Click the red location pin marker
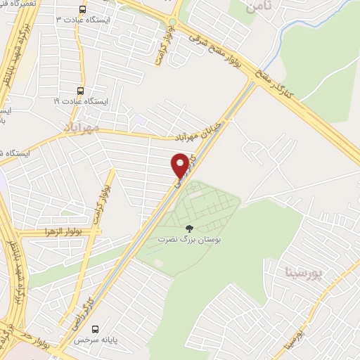click(181, 165)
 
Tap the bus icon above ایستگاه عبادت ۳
click(82, 10)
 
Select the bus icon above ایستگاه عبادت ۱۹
click(79, 91)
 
